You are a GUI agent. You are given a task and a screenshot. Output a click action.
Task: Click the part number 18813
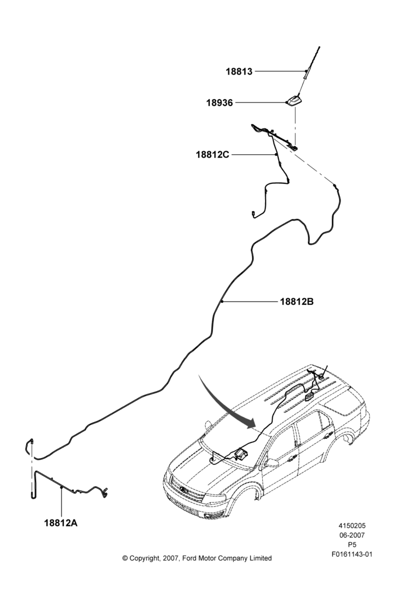pyautogui.click(x=238, y=72)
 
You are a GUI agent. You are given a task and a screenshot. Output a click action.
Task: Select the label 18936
pyautogui.click(x=219, y=103)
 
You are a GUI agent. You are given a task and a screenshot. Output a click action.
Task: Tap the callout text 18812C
pyautogui.click(x=212, y=155)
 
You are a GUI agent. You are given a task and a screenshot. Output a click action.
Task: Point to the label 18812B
pyautogui.click(x=297, y=302)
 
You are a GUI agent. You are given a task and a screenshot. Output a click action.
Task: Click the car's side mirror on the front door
pyautogui.click(x=271, y=463)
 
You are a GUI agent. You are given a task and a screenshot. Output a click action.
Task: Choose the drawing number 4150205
pyautogui.click(x=352, y=525)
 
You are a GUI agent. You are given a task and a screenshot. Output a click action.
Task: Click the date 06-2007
pyautogui.click(x=352, y=535)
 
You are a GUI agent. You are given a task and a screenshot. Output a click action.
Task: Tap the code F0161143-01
pyautogui.click(x=352, y=554)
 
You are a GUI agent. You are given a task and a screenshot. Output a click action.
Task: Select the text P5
pyautogui.click(x=352, y=545)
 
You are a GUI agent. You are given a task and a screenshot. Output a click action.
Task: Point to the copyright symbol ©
pyautogui.click(x=125, y=558)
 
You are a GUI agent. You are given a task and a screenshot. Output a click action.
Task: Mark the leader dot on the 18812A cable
pyautogui.click(x=61, y=487)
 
